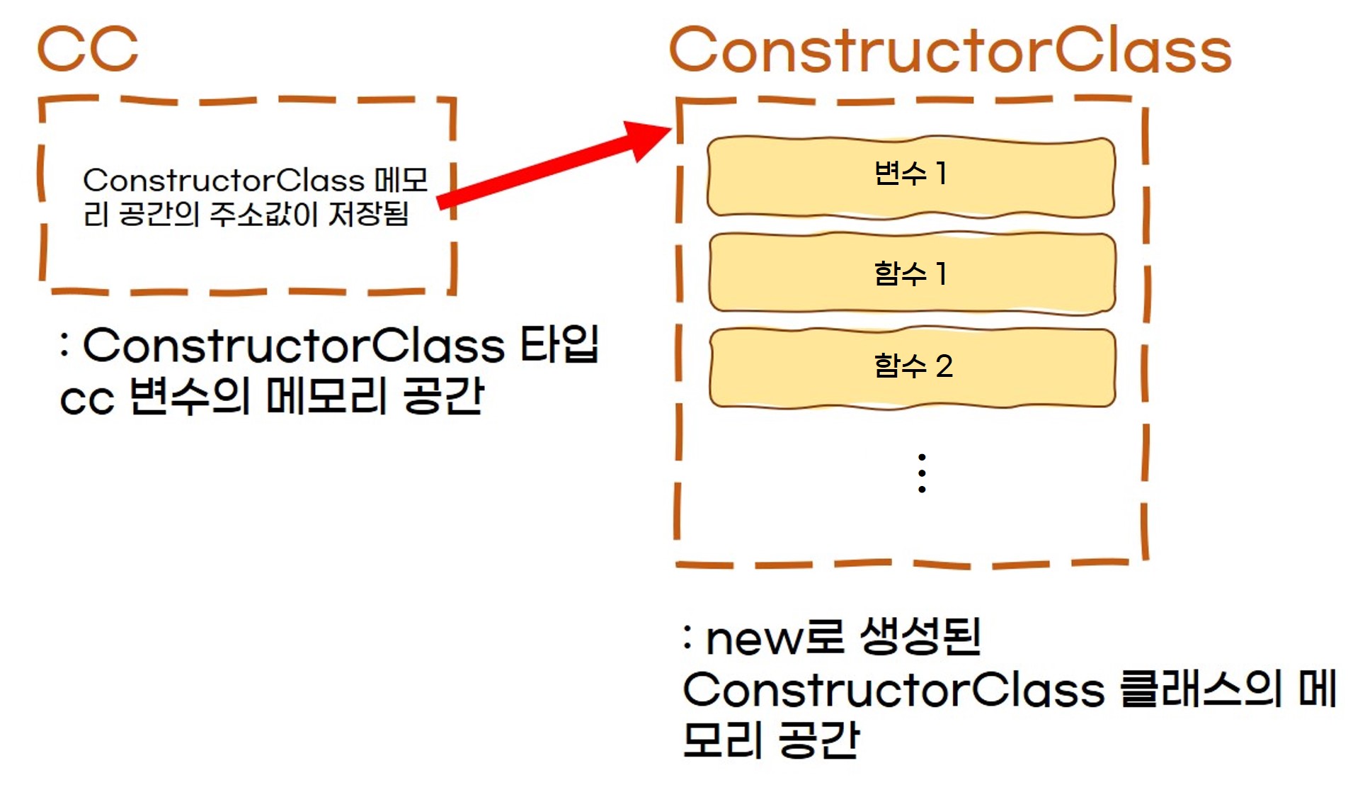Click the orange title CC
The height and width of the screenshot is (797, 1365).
pos(88,49)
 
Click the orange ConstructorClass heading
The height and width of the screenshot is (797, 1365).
pos(950,51)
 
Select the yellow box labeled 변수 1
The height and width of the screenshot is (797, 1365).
pos(911,176)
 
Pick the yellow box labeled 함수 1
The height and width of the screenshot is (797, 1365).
pos(912,273)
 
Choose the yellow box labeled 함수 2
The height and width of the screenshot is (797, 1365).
pos(912,367)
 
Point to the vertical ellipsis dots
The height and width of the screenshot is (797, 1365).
pos(922,473)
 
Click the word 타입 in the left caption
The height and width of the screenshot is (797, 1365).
pos(560,345)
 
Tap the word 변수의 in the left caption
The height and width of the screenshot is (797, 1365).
pos(190,397)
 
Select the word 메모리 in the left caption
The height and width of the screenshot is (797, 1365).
pos(327,397)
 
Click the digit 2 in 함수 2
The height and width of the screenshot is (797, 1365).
pos(944,367)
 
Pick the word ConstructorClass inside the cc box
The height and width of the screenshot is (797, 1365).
pos(224,181)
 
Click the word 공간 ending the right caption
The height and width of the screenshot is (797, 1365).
pos(819,741)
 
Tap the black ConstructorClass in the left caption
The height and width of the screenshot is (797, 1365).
pos(294,346)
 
